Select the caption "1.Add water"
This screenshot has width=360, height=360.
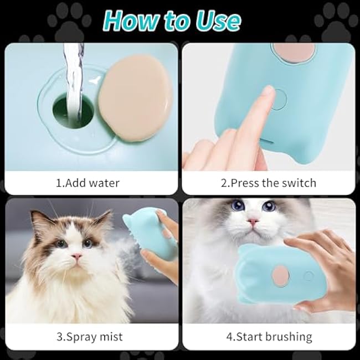(x=88, y=182)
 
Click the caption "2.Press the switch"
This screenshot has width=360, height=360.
(x=268, y=182)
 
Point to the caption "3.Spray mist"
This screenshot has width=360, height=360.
(x=89, y=336)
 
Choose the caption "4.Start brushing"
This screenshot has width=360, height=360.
(x=269, y=336)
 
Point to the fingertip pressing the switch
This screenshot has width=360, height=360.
(x=270, y=94)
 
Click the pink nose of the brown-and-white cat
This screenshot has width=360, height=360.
(x=76, y=256)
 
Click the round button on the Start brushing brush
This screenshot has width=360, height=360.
(x=308, y=276)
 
